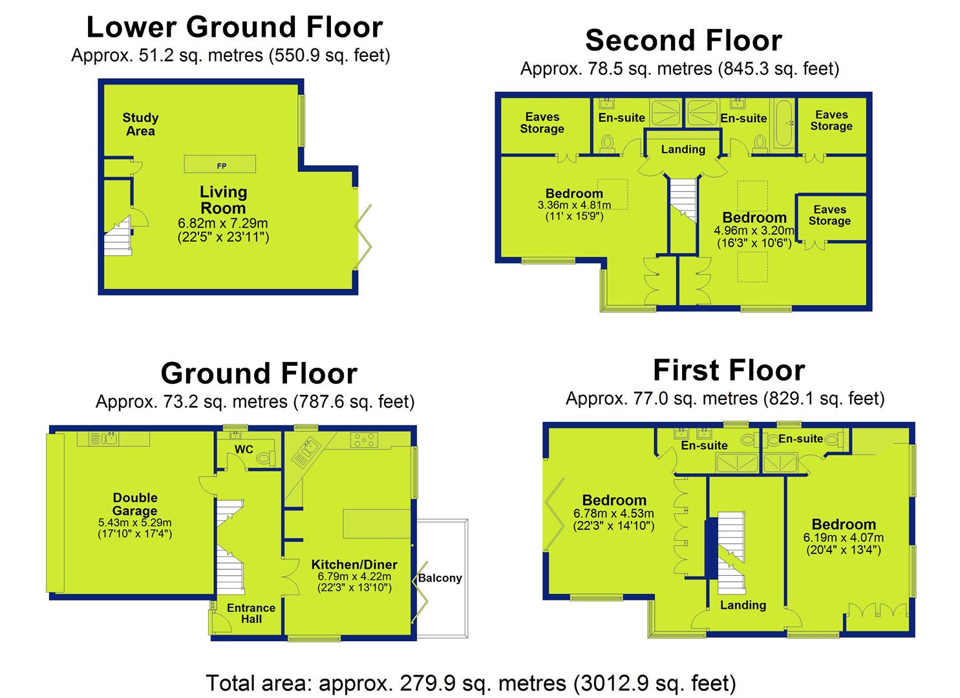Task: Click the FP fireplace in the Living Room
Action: pyautogui.click(x=220, y=164)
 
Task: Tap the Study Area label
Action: pyautogui.click(x=140, y=124)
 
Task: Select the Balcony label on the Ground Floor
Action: pyautogui.click(x=440, y=578)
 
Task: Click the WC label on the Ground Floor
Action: pyautogui.click(x=244, y=449)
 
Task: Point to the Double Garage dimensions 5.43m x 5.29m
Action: pyautogui.click(x=135, y=522)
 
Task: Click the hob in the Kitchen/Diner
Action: pyautogui.click(x=364, y=439)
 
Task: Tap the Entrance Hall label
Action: pyautogui.click(x=251, y=613)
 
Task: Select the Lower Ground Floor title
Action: pyautogui.click(x=235, y=27)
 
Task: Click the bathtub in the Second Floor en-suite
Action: pyautogui.click(x=784, y=123)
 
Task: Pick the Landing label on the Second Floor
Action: pyautogui.click(x=683, y=149)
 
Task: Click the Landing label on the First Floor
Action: pyautogui.click(x=743, y=605)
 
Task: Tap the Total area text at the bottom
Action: pyautogui.click(x=471, y=682)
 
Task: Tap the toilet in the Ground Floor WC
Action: pyautogui.click(x=266, y=458)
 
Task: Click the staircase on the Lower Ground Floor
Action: pyautogui.click(x=118, y=237)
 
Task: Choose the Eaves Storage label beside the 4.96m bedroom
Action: pyautogui.click(x=829, y=215)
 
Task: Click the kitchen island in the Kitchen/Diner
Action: pyautogui.click(x=377, y=523)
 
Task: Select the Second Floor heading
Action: pyautogui.click(x=683, y=40)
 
